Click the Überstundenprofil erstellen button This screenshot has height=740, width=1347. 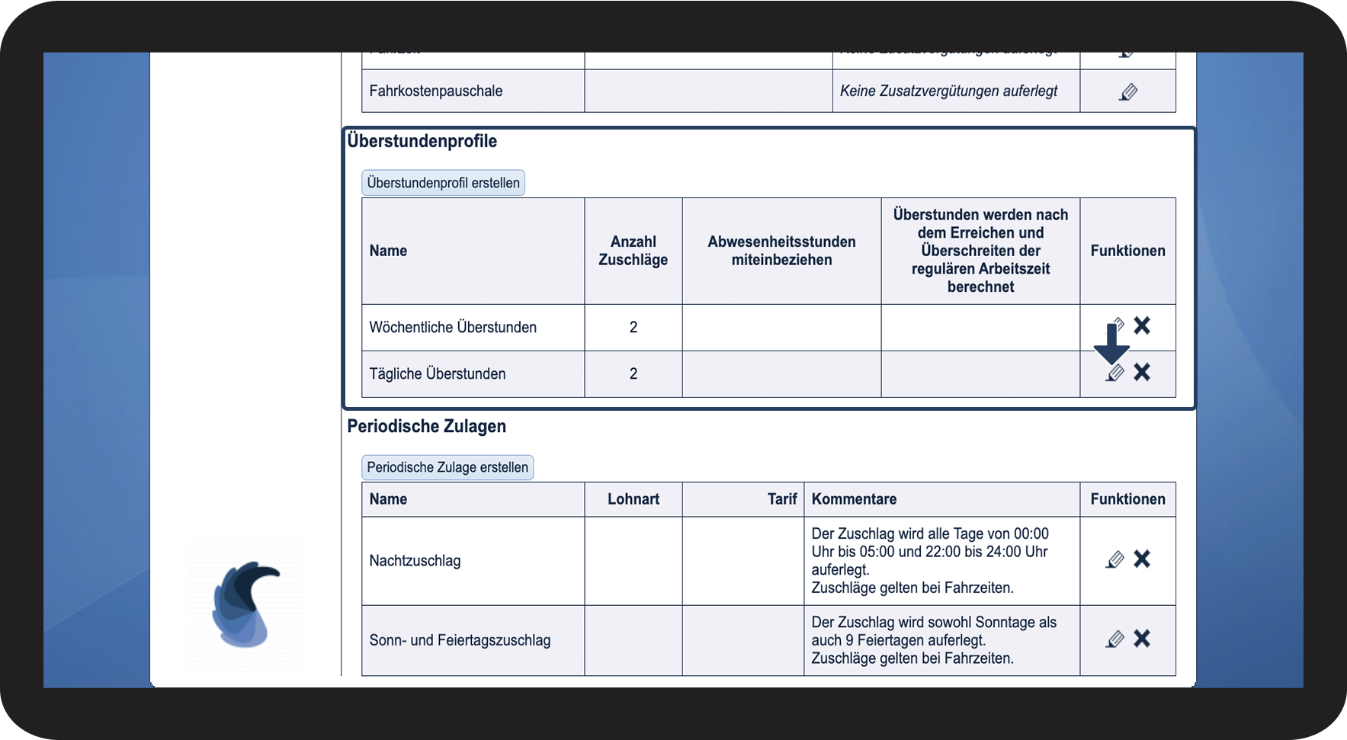pyautogui.click(x=443, y=183)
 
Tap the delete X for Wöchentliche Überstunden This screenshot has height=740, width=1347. pyautogui.click(x=1141, y=326)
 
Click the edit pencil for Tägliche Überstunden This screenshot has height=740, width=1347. pyautogui.click(x=1114, y=373)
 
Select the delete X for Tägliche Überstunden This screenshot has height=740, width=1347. pyautogui.click(x=1141, y=373)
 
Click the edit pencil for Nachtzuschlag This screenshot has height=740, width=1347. pyautogui.click(x=1114, y=560)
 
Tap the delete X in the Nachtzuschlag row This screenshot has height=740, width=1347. pyautogui.click(x=1141, y=559)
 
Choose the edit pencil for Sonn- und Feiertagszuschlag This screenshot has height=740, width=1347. pyautogui.click(x=1114, y=639)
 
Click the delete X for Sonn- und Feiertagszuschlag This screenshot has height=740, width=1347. pyautogui.click(x=1141, y=639)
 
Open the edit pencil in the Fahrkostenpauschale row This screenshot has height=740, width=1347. pyautogui.click(x=1128, y=92)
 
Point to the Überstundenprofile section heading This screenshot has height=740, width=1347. pyautogui.click(x=422, y=141)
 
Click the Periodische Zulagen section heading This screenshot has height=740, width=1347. pyautogui.click(x=427, y=426)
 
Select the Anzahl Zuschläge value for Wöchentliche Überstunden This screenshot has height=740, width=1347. pyautogui.click(x=633, y=328)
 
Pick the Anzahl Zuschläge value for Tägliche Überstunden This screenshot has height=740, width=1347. pyautogui.click(x=633, y=374)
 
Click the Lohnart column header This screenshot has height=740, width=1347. pyautogui.click(x=633, y=499)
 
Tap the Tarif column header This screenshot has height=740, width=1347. pyautogui.click(x=781, y=499)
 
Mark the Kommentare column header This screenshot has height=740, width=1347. pyautogui.click(x=854, y=499)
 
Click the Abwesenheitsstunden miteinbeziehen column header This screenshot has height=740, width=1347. pyautogui.click(x=781, y=251)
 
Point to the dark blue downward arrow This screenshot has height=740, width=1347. pyautogui.click(x=1111, y=344)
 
